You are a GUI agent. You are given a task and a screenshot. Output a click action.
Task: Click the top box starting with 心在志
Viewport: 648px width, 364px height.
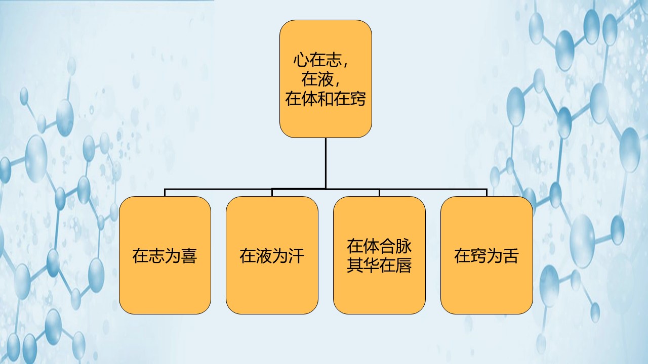tap(326, 79)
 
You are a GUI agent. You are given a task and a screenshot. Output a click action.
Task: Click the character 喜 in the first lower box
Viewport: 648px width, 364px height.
tap(189, 256)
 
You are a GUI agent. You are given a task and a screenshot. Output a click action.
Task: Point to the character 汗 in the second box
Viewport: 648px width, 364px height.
tap(296, 256)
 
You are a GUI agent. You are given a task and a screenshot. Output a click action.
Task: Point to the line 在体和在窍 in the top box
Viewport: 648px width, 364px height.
tap(326, 99)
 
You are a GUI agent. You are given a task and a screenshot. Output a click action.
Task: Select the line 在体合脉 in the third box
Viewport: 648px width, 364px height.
tap(379, 246)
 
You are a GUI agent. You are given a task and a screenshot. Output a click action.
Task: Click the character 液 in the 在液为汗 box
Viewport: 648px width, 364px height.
tap(264, 256)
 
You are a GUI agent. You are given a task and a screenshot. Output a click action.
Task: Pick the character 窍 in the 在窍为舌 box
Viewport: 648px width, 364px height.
tap(478, 256)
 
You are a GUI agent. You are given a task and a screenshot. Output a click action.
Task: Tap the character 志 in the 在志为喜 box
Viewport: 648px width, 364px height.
tap(156, 256)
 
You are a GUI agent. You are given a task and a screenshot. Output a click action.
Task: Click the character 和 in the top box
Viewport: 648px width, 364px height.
tap(326, 99)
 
